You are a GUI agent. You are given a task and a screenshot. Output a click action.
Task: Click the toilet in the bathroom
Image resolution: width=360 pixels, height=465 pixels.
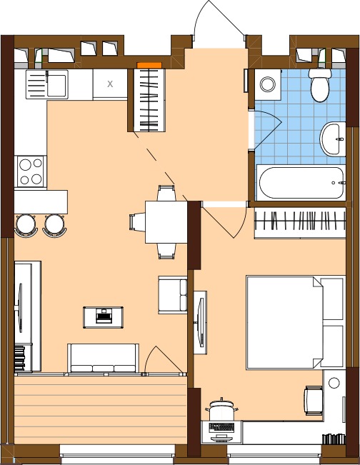(320, 86)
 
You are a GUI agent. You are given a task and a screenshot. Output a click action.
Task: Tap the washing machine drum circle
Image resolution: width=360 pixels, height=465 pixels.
(268, 84)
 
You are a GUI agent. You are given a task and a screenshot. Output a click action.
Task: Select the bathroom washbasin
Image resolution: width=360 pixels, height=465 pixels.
(332, 139)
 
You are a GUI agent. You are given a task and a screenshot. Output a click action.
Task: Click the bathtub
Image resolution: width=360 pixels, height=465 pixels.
(301, 183)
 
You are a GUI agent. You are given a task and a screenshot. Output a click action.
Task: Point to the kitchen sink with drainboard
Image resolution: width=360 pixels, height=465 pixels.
(47, 84)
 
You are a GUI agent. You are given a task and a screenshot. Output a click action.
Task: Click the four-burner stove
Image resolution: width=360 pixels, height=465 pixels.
(31, 171)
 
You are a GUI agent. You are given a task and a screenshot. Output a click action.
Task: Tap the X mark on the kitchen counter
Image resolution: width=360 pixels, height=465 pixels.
(110, 84)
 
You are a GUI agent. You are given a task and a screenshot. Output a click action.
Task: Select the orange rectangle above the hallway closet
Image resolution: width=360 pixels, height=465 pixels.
(149, 65)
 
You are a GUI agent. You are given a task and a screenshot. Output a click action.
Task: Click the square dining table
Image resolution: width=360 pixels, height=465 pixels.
(166, 222)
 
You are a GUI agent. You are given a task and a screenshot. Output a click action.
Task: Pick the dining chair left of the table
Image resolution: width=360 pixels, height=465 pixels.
(137, 222)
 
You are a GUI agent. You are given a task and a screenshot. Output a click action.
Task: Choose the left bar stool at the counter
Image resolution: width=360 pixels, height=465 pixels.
(26, 226)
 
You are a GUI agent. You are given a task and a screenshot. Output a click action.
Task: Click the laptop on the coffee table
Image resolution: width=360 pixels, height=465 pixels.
(104, 316)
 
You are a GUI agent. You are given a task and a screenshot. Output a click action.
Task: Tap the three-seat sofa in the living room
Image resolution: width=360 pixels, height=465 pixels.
(103, 359)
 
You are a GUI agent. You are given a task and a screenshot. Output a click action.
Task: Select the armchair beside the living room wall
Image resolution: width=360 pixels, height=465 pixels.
(173, 295)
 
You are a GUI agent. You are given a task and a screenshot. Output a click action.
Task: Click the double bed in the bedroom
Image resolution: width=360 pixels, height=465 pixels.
(296, 322)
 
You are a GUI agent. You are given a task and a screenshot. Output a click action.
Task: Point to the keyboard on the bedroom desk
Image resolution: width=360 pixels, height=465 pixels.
(221, 427)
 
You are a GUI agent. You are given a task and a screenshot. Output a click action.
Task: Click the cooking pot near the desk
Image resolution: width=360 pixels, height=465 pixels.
(221, 409)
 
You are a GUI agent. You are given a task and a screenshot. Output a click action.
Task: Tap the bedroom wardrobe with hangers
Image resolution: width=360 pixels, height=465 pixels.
(300, 223)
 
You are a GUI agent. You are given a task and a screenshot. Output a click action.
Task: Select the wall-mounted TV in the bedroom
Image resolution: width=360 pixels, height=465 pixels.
(201, 322)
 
